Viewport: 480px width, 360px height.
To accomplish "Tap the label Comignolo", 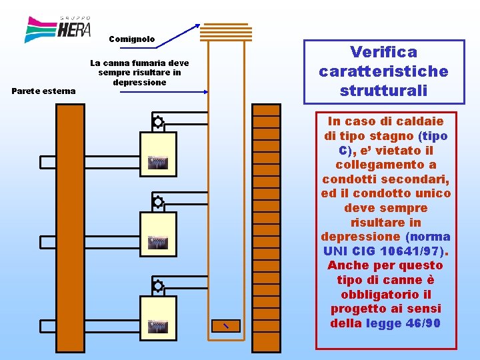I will pyautogui.click(x=131, y=39).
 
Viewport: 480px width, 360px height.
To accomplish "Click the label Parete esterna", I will pyautogui.click(x=44, y=91).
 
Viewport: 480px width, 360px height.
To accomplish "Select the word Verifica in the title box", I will pyautogui.click(x=383, y=52).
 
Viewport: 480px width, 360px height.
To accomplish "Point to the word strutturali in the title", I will pyautogui.click(x=383, y=90).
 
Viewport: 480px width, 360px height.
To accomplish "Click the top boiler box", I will pyautogui.click(x=158, y=154).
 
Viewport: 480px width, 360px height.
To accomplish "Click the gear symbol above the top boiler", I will pyautogui.click(x=158, y=122).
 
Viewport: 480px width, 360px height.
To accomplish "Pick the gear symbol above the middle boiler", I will pyautogui.click(x=158, y=201).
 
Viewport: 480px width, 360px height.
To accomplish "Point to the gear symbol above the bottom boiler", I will pyautogui.click(x=158, y=286).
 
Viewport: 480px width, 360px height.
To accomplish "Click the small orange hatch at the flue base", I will pyautogui.click(x=226, y=325).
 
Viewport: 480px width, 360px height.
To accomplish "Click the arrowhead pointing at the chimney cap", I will pyautogui.click(x=197, y=27).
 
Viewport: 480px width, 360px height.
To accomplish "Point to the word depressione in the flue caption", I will pyautogui.click(x=139, y=82).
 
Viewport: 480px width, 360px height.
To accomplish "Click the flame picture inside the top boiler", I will pyautogui.click(x=157, y=163).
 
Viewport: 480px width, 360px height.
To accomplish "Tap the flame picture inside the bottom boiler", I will pyautogui.click(x=157, y=327).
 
